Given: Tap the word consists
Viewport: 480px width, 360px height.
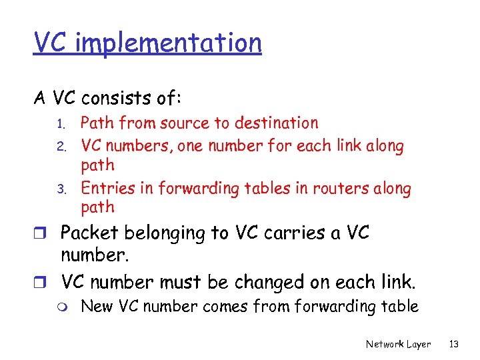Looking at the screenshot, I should tap(115, 98).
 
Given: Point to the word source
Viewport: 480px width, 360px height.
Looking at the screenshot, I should tap(181, 123).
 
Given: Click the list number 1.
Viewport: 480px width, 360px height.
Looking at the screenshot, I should tap(59, 124).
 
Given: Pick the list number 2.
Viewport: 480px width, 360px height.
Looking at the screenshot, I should tap(59, 145).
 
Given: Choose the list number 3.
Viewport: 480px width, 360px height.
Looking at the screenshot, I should tap(59, 188).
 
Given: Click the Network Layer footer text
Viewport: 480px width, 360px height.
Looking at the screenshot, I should tap(398, 345).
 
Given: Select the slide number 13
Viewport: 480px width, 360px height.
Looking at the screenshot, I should tap(455, 345).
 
